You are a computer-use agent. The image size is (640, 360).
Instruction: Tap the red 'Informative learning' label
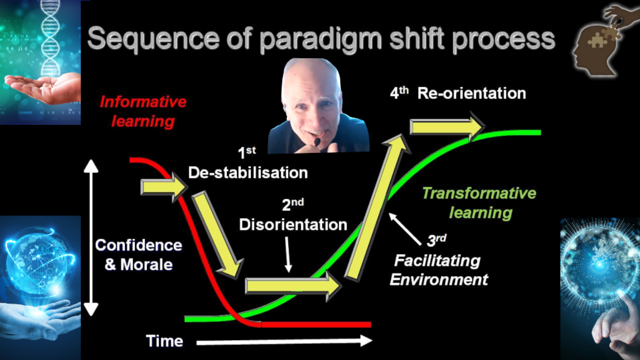pos(143,111)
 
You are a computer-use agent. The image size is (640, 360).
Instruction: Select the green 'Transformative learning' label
pos(479,203)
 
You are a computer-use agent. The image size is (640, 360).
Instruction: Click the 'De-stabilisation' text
pos(248,172)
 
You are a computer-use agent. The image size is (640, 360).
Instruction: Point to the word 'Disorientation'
pos(293,224)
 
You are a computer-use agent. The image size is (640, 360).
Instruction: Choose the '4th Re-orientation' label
pos(458,93)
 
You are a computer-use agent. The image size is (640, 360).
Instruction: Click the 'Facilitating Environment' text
pos(439,270)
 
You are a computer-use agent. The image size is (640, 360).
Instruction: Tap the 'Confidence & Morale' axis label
pos(138,255)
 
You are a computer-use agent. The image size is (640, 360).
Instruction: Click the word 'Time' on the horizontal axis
pos(164,341)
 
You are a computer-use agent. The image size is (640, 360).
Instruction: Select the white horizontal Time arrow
pos(284,341)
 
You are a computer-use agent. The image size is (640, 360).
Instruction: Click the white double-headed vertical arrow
pos(91,237)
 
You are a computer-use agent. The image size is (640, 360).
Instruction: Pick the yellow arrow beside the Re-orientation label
pos(447,126)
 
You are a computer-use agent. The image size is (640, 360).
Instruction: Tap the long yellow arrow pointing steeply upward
pos(377,207)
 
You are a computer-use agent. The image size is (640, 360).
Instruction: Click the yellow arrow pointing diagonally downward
pos(217,235)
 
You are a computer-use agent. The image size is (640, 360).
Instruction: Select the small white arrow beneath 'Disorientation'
pos(287,254)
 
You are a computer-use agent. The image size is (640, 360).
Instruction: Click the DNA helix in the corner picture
pos(50,37)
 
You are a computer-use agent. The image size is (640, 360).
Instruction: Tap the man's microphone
pos(317,141)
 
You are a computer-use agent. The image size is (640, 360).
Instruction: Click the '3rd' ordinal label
pos(436,240)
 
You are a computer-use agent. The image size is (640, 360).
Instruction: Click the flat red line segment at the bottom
pos(316,324)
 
